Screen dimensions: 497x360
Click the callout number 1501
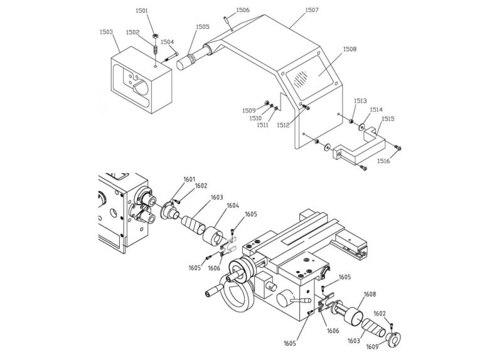click(142, 11)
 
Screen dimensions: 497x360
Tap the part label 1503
click(106, 32)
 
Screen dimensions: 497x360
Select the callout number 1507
click(312, 10)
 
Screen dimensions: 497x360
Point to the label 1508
click(350, 49)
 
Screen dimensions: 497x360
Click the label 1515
click(388, 119)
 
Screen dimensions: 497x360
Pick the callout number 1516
click(383, 161)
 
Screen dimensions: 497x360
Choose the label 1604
click(233, 206)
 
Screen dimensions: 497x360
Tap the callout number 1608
click(370, 294)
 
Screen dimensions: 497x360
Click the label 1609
click(372, 347)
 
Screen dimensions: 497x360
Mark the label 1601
click(190, 179)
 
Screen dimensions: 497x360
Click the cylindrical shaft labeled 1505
click(193, 58)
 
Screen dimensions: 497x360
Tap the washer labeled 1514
click(361, 127)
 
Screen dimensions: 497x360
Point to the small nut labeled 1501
click(156, 36)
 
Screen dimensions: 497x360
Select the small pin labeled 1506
click(227, 19)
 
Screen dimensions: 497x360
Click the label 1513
click(360, 101)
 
